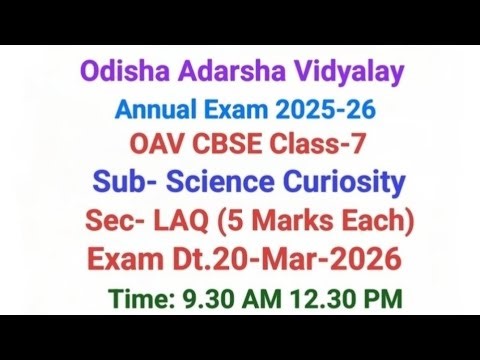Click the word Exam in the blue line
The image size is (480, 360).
coord(240,110)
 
